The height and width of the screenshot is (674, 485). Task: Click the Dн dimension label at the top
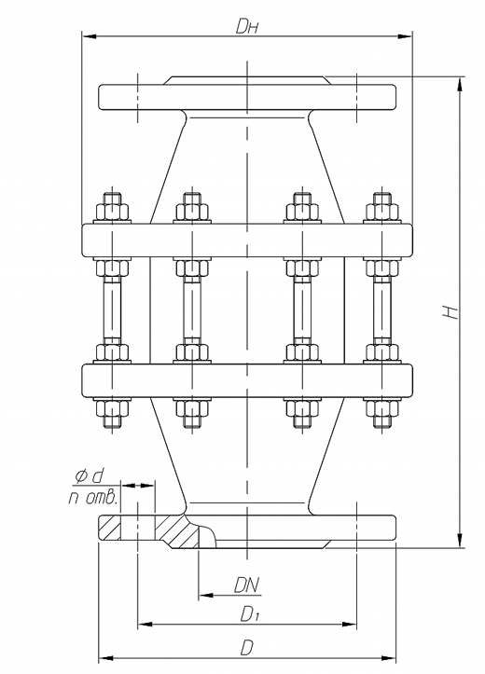247,26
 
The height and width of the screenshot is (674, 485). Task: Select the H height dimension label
450,312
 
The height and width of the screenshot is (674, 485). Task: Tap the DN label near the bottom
247,585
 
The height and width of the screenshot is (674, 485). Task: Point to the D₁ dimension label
249,614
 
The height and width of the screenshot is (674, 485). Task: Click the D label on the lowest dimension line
246,647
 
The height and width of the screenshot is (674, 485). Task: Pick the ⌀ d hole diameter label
90,475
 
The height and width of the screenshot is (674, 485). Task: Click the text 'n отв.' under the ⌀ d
93,498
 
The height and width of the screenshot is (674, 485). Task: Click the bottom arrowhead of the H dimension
460,541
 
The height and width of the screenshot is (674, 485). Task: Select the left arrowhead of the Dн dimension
89,36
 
